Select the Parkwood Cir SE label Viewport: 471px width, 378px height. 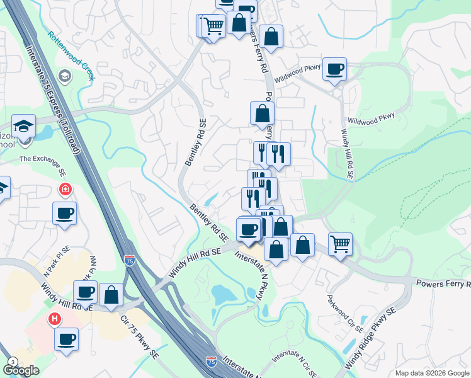345,312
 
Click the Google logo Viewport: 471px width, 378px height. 20,370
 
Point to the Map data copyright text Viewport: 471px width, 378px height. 431,373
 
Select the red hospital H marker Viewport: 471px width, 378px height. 55,319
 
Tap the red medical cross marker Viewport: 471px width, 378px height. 65,188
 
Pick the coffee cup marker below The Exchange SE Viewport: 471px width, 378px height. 64,214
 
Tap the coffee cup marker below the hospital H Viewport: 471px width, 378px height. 65,340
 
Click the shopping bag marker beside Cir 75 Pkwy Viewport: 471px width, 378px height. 111,294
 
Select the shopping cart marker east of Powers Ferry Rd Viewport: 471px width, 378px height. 340,243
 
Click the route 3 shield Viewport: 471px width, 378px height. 13,362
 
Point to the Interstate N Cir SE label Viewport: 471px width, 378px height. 294,363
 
